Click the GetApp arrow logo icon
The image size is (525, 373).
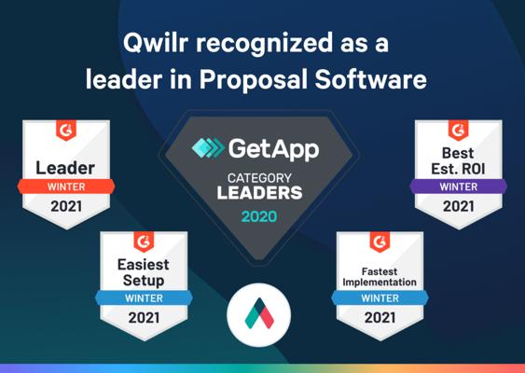tap(208, 147)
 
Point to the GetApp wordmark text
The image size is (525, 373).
tap(274, 150)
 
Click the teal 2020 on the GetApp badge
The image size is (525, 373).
tap(259, 216)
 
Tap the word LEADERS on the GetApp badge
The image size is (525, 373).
tap(259, 193)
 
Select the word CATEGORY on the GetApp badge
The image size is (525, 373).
tap(259, 178)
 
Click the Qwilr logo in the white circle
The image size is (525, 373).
tap(259, 313)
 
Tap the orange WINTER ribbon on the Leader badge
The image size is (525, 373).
tap(66, 186)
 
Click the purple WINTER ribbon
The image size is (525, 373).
tap(459, 186)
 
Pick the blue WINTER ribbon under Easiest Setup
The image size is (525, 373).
tap(144, 298)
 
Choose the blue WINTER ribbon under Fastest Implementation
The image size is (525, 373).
tap(380, 298)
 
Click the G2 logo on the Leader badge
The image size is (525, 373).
tap(66, 130)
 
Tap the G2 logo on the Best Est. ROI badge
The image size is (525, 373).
tap(459, 130)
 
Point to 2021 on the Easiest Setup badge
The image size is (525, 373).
tap(144, 317)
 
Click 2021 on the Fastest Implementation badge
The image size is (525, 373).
tap(380, 317)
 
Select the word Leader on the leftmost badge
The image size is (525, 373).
tap(65, 168)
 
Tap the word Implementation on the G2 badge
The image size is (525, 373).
tap(380, 283)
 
